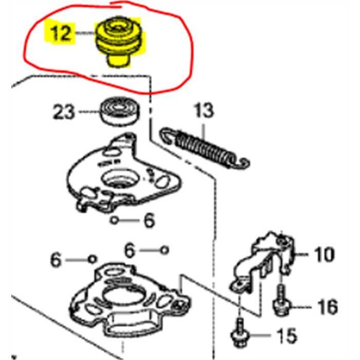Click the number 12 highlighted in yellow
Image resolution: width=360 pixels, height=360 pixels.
coord(60,33)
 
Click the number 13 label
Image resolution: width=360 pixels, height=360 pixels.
coord(202,110)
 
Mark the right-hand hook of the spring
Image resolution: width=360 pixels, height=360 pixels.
coord(243,164)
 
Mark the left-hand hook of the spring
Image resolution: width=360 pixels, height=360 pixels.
coord(167,134)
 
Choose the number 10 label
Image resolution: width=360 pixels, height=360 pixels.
coord(324,254)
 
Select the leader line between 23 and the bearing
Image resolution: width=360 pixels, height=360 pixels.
coord(88,111)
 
